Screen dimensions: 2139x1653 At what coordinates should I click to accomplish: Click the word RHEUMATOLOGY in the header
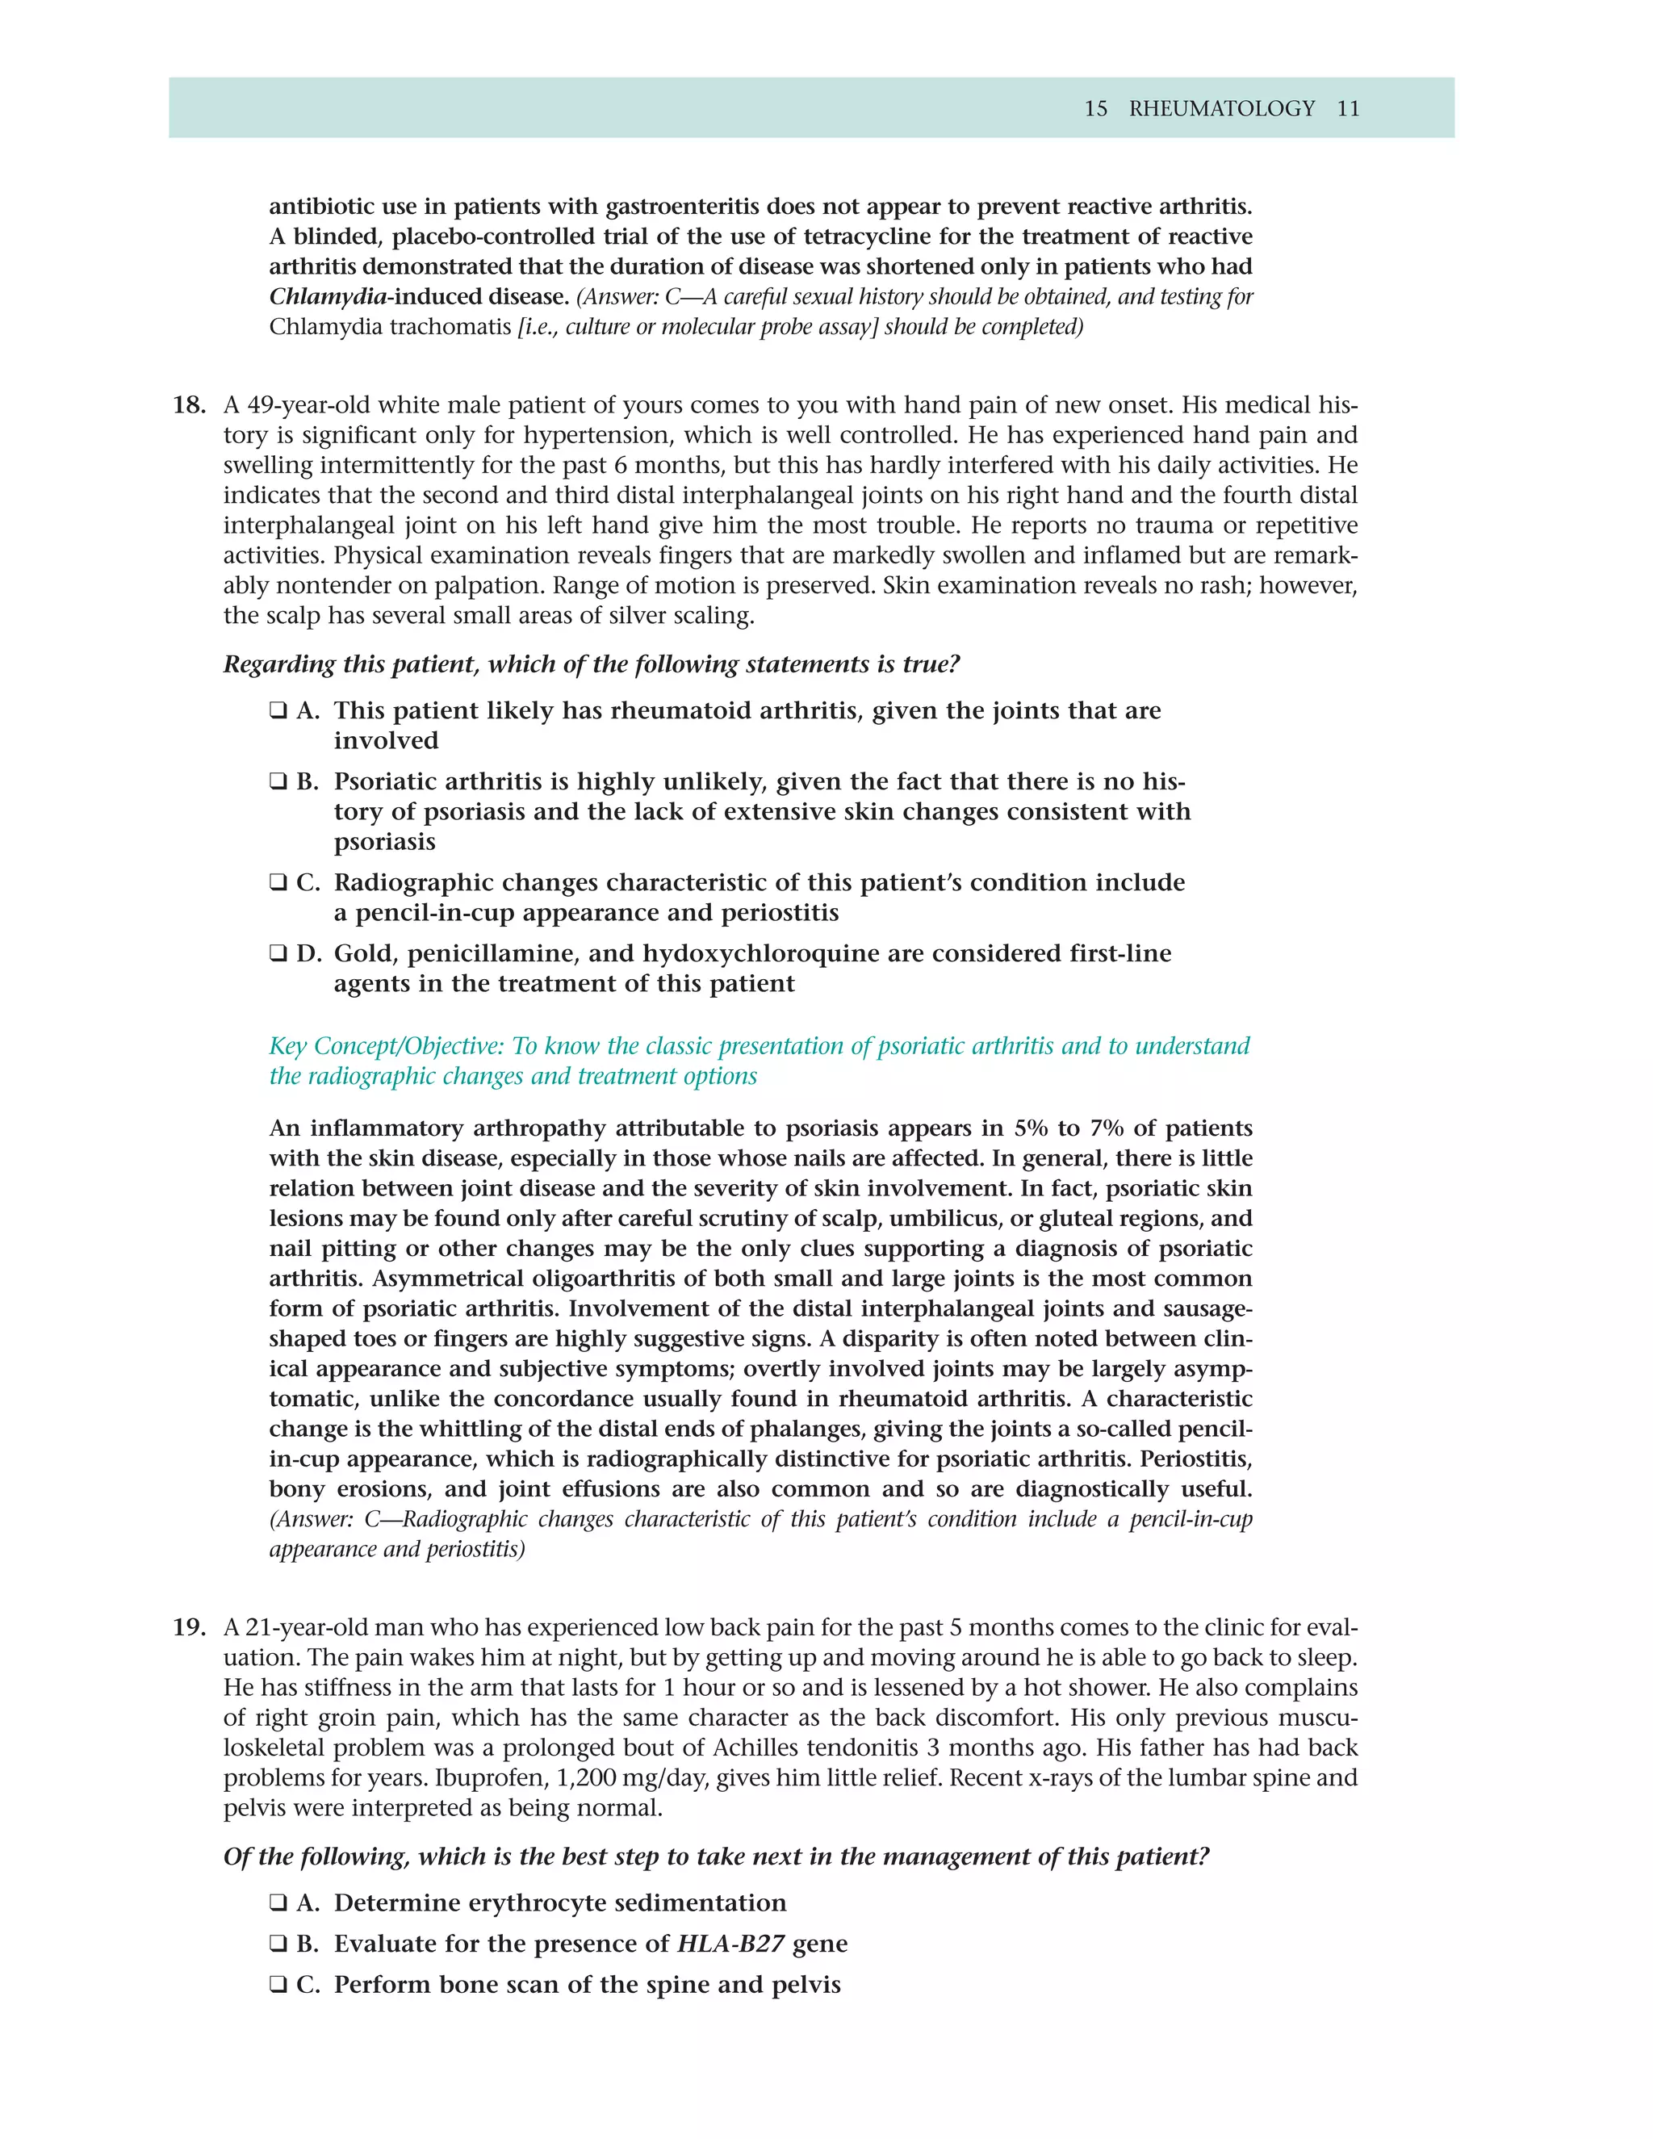[x=1221, y=109]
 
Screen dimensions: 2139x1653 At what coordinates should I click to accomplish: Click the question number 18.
[x=189, y=405]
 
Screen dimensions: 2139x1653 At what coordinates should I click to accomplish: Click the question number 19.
[x=189, y=1628]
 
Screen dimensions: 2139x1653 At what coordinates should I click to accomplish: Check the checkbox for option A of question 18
[x=278, y=711]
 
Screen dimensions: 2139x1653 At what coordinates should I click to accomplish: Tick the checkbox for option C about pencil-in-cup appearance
[x=278, y=882]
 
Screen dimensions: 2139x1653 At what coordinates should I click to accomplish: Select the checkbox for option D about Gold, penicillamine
[x=278, y=954]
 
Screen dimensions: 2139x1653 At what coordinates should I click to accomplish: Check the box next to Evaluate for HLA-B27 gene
[x=278, y=1944]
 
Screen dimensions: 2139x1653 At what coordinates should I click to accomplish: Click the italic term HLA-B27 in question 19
[x=730, y=1944]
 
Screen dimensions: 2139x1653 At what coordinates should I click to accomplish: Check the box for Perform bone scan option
[x=278, y=1986]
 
